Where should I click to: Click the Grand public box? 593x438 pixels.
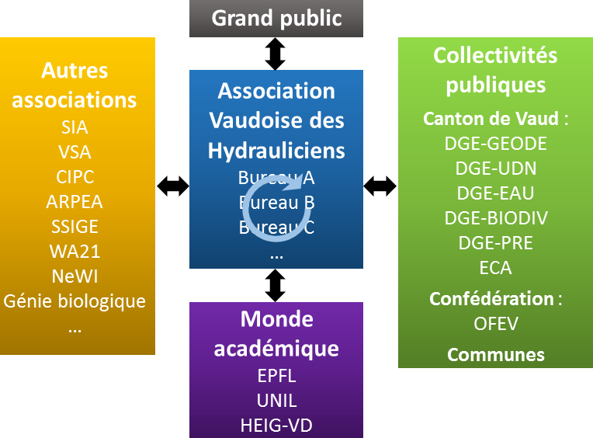pos(276,19)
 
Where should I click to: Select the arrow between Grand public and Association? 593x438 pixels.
pos(276,54)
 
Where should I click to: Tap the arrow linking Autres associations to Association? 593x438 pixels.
pos(172,186)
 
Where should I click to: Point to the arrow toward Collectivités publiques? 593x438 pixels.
pos(380,186)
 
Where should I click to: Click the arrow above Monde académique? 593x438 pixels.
pos(276,285)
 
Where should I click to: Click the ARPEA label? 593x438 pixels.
pos(75,202)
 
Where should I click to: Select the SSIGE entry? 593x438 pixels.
pos(75,227)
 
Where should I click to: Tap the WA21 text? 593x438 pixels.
pos(75,252)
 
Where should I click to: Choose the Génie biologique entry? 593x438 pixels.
pos(75,301)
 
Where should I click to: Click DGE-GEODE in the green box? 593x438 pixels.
pos(496,144)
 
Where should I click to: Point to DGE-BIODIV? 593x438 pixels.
pos(496,217)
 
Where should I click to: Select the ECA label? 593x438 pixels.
pos(496,268)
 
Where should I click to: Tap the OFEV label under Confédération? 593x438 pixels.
pos(496,322)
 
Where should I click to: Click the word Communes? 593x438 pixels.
pos(496,355)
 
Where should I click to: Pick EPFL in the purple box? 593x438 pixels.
pos(276,376)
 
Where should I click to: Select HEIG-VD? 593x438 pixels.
pos(276,425)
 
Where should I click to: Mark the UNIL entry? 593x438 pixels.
pos(276,401)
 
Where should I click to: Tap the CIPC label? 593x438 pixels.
pos(75,177)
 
